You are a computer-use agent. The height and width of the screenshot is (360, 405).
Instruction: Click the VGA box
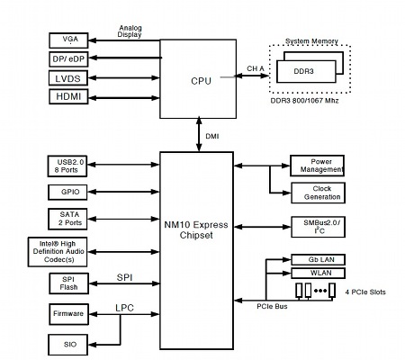[68, 40]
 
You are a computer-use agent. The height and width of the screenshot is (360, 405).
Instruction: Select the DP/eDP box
[68, 59]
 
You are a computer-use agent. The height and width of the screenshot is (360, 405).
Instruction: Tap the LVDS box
[68, 78]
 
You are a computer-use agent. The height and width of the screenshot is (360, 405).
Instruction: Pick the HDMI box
[68, 96]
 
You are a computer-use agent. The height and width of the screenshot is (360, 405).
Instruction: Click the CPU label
[201, 81]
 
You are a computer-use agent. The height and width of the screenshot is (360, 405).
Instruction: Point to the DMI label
[212, 137]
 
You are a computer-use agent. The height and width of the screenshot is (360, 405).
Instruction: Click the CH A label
[256, 68]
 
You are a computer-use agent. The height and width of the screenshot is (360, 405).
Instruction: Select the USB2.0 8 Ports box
[67, 166]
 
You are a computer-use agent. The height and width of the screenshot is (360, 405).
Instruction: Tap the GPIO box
[67, 193]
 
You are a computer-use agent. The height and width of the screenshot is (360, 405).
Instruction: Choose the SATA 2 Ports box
[67, 219]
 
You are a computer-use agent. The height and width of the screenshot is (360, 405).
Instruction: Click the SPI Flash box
[69, 283]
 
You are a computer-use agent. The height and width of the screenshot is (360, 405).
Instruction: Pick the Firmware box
[69, 314]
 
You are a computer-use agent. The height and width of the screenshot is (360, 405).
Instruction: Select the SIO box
[68, 345]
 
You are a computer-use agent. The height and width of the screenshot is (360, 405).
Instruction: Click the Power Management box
[317, 166]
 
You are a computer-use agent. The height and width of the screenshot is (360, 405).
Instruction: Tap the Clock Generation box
[319, 193]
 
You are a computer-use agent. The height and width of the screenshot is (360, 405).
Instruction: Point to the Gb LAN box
[319, 260]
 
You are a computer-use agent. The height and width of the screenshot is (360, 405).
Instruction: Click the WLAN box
[319, 273]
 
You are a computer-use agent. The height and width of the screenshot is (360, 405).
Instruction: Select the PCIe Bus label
[272, 307]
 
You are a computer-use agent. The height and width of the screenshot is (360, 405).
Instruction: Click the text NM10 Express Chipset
[196, 229]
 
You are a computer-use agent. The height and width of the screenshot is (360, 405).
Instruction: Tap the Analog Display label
[130, 31]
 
